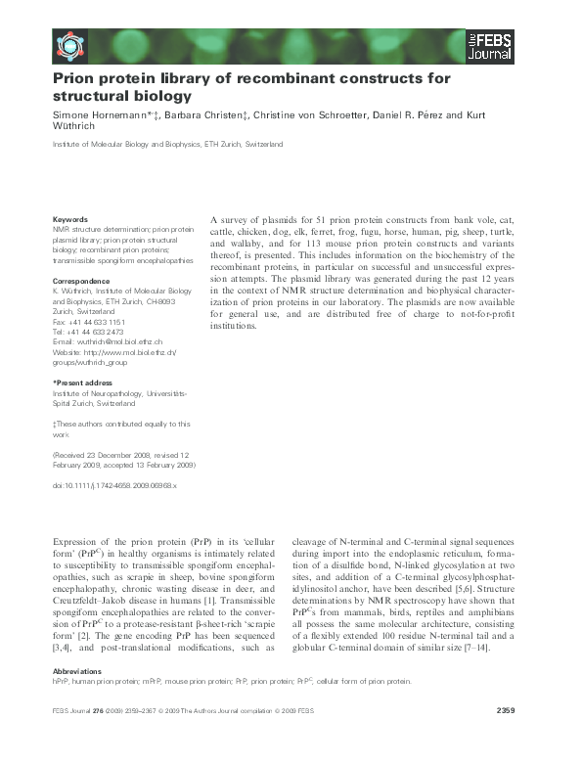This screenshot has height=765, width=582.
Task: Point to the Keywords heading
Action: [x=70, y=219]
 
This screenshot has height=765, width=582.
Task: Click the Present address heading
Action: [x=84, y=382]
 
